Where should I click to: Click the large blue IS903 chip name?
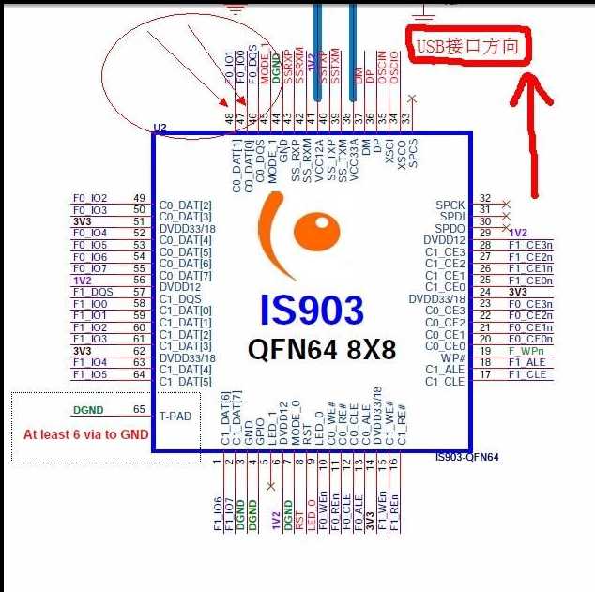pyautogui.click(x=312, y=311)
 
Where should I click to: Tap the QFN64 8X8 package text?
pyautogui.click(x=322, y=350)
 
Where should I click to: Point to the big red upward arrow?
pyautogui.click(x=539, y=131)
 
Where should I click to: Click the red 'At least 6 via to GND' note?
pyautogui.click(x=85, y=434)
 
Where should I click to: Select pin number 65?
pyautogui.click(x=140, y=410)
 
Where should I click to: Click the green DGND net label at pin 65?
pyautogui.click(x=89, y=410)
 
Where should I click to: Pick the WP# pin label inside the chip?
pyautogui.click(x=452, y=357)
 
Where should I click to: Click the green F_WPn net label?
pyautogui.click(x=526, y=351)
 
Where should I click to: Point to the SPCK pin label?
pyautogui.click(x=450, y=205)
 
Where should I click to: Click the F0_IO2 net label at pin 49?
pyautogui.click(x=90, y=198)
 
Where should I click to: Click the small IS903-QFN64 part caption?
pyautogui.click(x=466, y=457)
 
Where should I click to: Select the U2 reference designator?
pyautogui.click(x=160, y=127)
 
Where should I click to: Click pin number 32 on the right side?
pyautogui.click(x=485, y=198)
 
